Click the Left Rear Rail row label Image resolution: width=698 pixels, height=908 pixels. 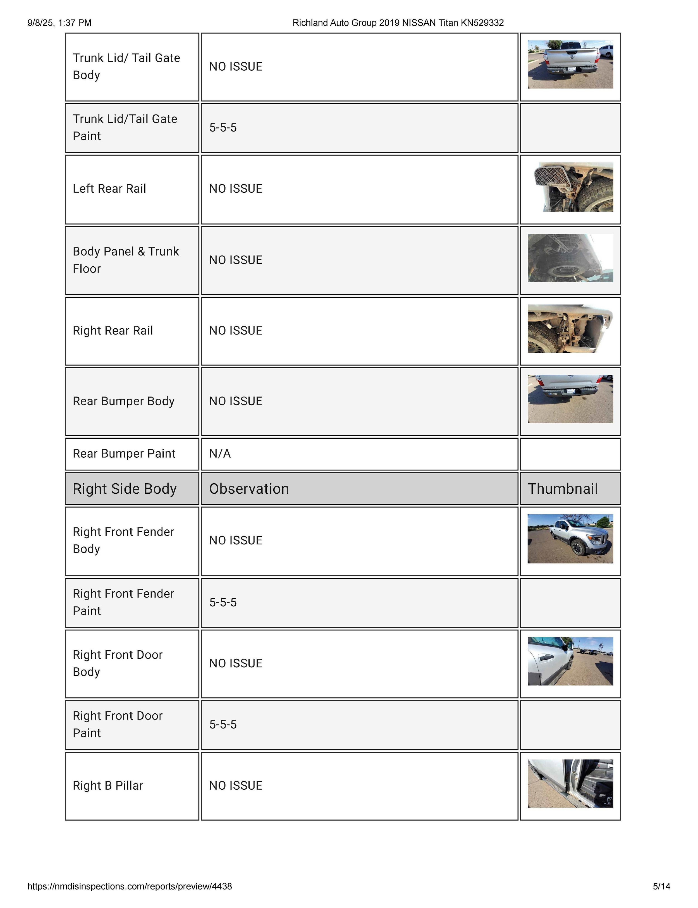109,189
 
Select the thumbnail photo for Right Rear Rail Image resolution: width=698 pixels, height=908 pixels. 570,329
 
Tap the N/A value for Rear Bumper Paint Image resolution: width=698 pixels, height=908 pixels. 220,453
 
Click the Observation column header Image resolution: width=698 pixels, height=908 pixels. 249,489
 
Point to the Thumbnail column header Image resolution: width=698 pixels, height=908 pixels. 563,489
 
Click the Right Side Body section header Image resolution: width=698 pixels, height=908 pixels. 125,489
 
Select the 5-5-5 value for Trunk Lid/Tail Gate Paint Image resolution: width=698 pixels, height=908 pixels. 223,128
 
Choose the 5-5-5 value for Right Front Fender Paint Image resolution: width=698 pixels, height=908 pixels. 223,602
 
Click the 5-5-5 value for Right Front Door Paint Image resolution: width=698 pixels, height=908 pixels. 223,724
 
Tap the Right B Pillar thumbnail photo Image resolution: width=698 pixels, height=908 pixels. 570,783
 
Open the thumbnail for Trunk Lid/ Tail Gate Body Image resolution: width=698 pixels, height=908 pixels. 570,64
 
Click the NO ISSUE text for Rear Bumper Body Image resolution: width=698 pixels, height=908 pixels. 236,401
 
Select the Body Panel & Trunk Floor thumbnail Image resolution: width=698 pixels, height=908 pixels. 570,258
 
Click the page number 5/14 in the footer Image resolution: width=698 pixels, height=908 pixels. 661,887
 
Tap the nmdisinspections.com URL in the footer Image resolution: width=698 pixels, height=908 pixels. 130,887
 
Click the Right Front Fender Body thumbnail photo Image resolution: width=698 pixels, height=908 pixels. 570,539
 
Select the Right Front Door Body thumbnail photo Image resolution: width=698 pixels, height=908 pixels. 570,661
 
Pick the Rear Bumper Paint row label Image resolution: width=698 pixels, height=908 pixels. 124,453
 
